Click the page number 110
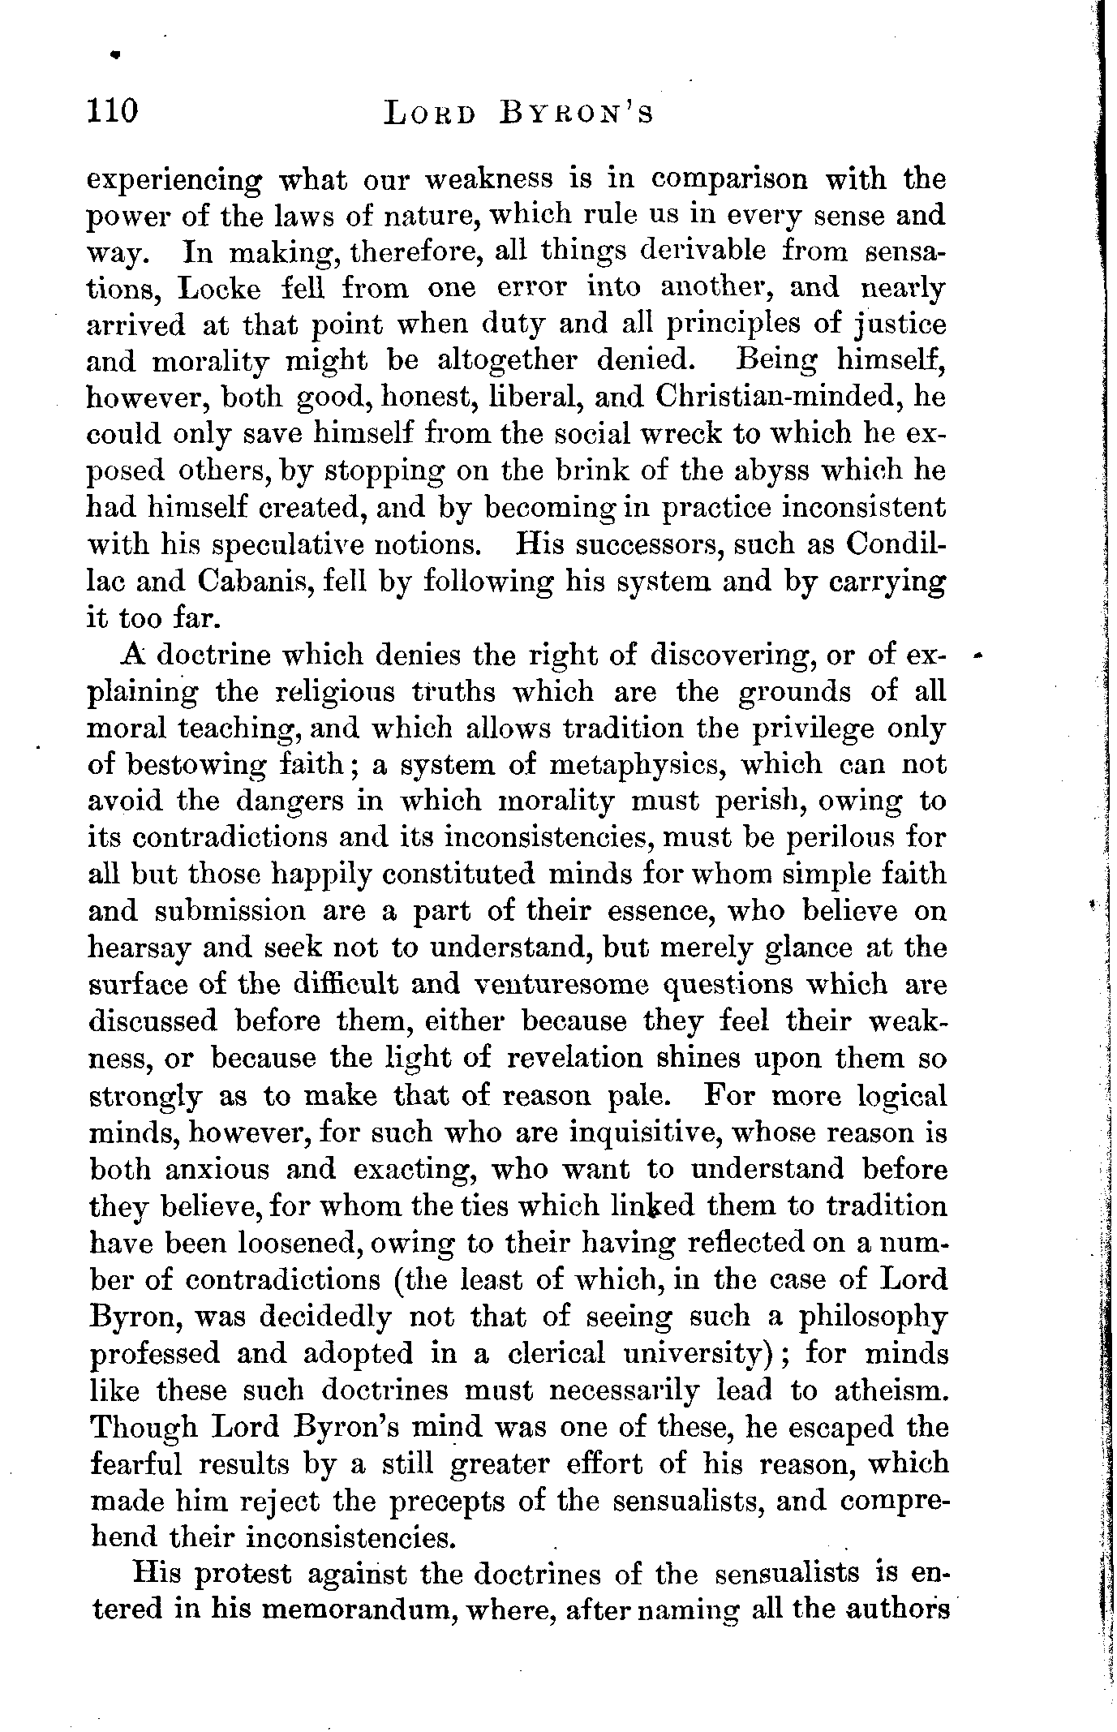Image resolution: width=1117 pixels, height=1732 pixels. tap(114, 110)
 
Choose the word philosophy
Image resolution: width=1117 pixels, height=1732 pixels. tap(873, 1317)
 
